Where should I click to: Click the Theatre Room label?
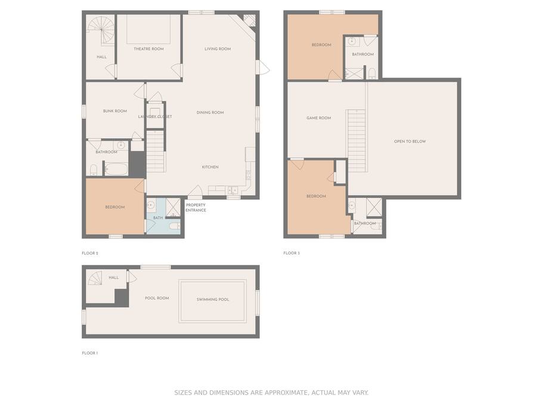point(148,49)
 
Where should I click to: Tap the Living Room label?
point(218,49)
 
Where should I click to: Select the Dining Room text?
point(210,113)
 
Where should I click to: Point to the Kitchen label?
point(210,167)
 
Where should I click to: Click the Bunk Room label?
point(115,111)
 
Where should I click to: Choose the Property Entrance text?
point(196,207)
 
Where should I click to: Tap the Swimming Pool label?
point(213,299)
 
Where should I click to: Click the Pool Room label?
point(157,298)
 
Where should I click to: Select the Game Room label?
point(319,118)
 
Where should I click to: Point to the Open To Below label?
point(409,141)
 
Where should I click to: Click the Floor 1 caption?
point(89,353)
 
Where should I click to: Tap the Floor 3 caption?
point(291,253)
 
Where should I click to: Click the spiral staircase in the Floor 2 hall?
point(101,31)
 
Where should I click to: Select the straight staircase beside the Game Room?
point(356,141)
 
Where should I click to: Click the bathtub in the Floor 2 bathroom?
point(116,169)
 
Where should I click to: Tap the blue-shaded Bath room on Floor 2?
point(163,216)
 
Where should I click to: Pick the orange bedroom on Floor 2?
point(115,206)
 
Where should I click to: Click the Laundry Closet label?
point(155,117)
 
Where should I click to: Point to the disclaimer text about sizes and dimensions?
point(271,393)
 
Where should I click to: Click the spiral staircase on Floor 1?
point(94,278)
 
